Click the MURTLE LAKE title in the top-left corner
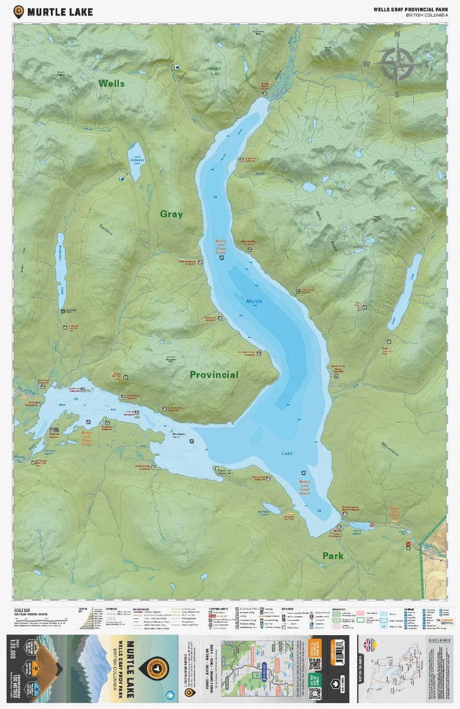pos(60,11)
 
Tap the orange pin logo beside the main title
pos(19,11)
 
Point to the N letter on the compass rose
pos(397,34)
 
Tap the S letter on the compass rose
pos(397,94)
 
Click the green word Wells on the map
pos(112,83)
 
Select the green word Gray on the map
pos(171,214)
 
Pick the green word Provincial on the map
pos(214,375)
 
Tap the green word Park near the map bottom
pos(333,556)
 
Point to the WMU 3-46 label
pos(214,71)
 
